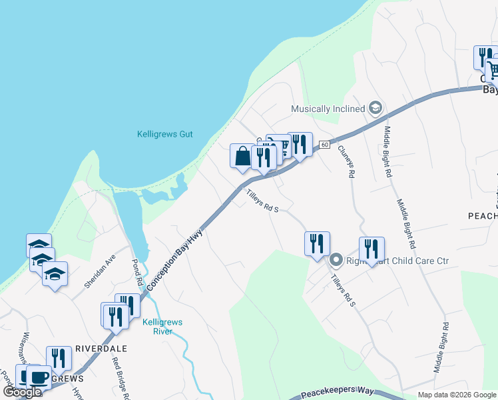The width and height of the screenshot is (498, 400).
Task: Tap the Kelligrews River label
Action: point(162,326)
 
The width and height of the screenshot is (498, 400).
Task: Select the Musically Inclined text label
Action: point(328,109)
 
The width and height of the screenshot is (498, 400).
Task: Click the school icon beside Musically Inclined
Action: point(375,108)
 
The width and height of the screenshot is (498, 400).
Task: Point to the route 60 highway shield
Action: point(324,144)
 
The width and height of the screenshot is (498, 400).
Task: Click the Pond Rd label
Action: point(138,273)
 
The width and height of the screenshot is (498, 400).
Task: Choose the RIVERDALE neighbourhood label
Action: point(101,348)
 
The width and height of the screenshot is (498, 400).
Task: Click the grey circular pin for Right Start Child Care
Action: point(337,260)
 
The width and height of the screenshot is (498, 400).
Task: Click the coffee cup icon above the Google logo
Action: point(39,377)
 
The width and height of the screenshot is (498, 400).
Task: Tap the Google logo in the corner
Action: point(22,392)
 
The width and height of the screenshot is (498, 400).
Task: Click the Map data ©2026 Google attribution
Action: point(456,395)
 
